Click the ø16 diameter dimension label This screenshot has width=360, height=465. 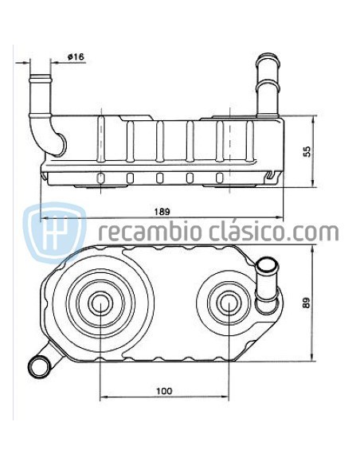point(76,56)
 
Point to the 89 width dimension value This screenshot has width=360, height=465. point(307,303)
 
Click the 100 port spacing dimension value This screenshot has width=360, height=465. point(164,390)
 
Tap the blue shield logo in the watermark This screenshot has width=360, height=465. point(54,232)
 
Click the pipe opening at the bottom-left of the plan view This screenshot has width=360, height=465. point(38,365)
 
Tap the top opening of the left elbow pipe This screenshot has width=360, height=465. point(41,77)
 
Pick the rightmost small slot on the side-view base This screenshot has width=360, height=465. point(220,177)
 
